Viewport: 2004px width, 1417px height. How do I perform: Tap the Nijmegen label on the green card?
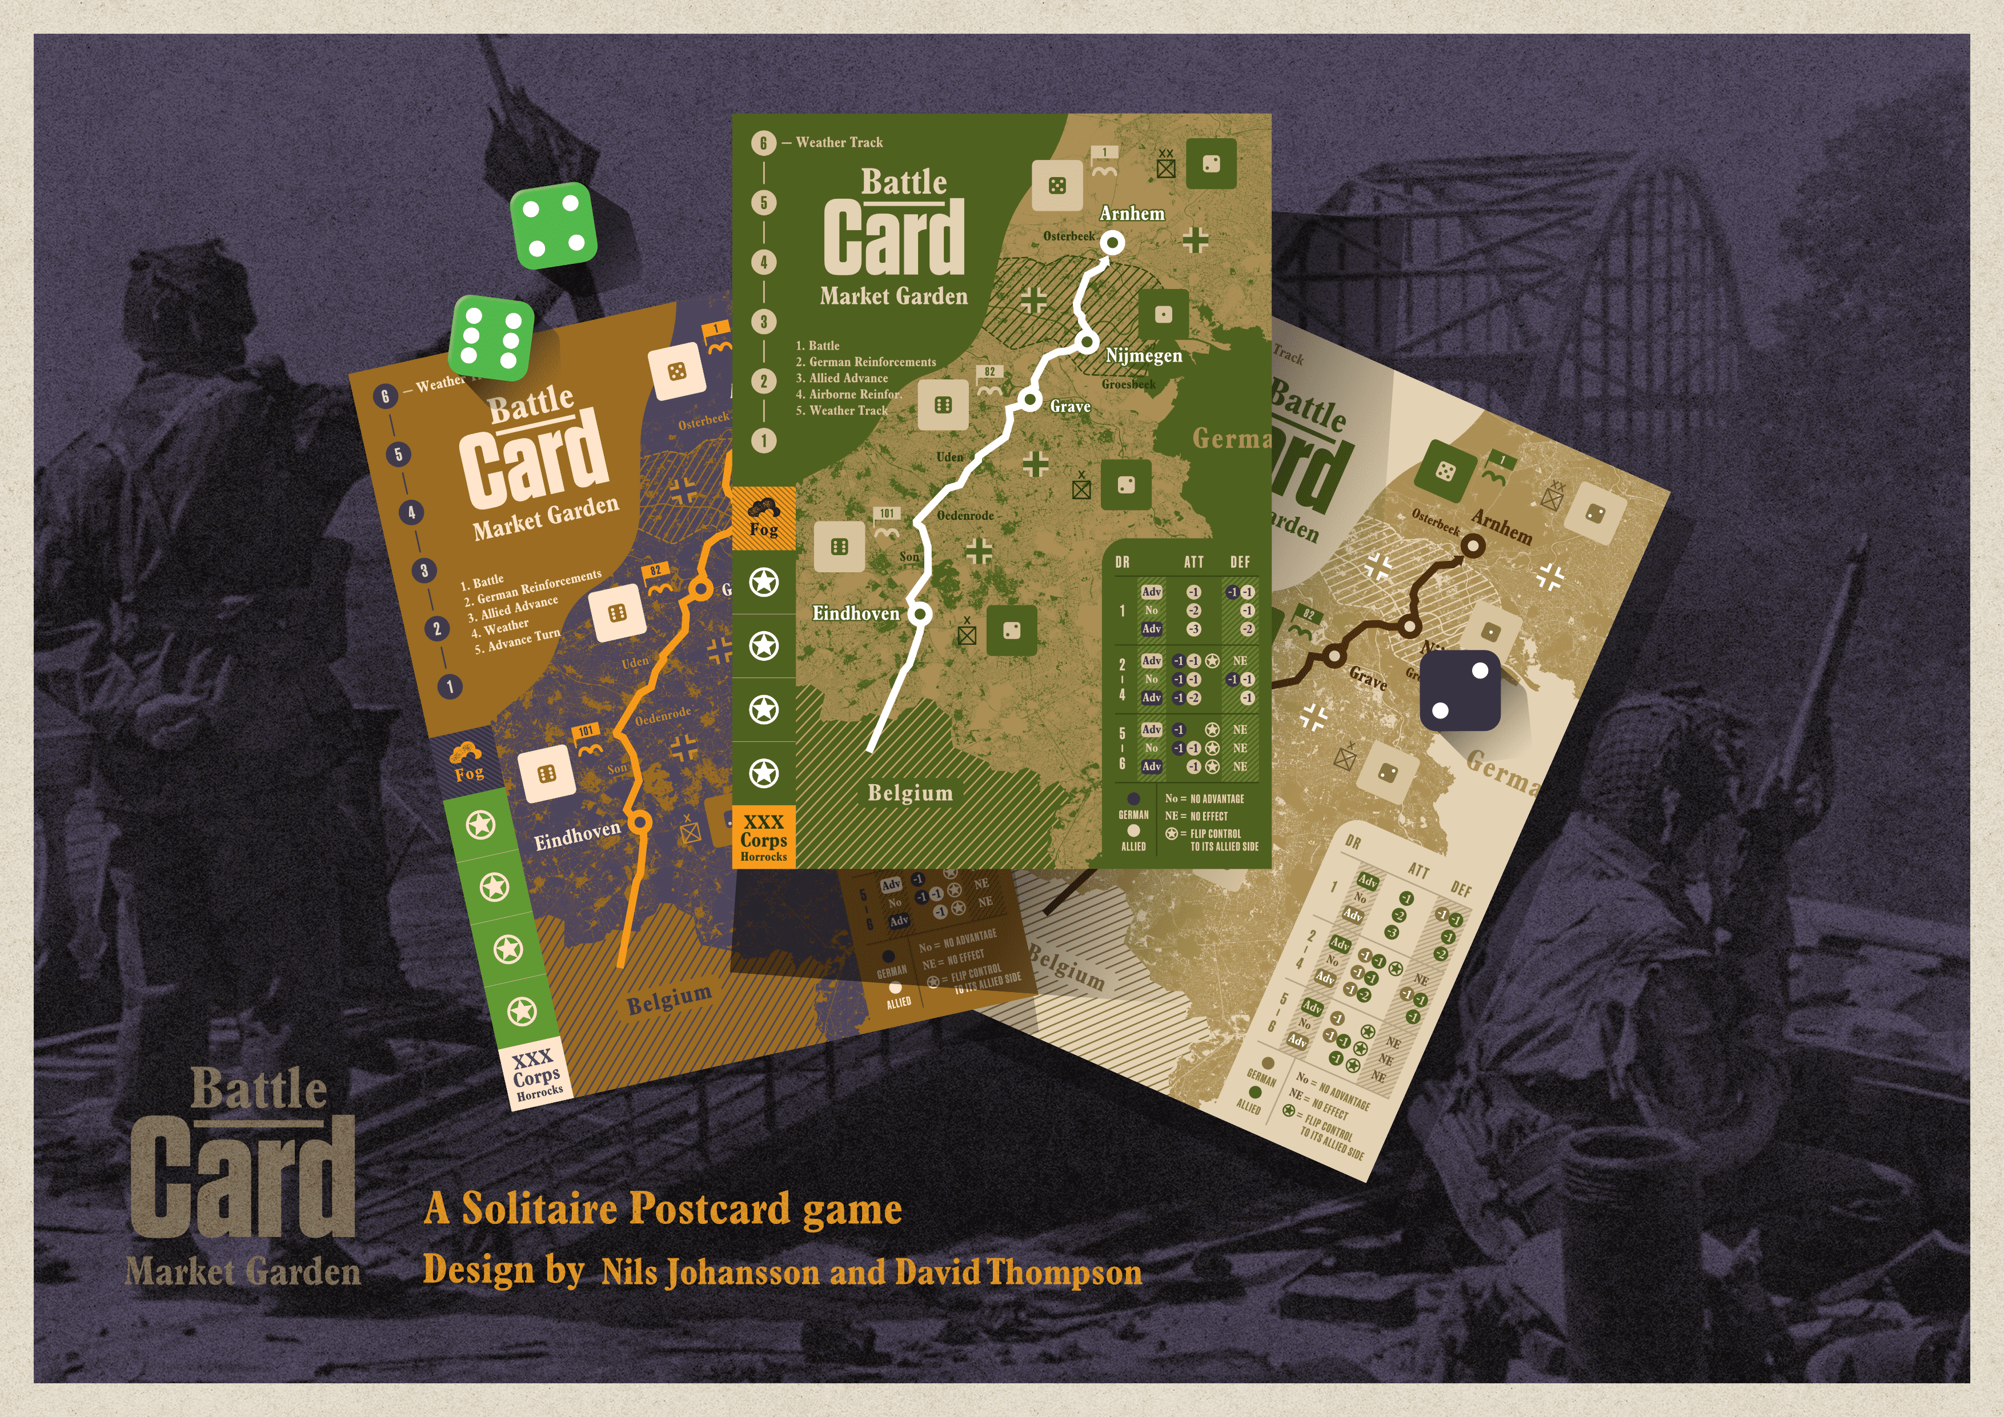click(x=1144, y=355)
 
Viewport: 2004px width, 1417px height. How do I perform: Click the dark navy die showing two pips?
click(x=1460, y=690)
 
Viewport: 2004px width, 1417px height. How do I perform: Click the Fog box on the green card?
click(x=764, y=518)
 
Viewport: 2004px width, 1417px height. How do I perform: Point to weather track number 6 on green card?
click(x=764, y=143)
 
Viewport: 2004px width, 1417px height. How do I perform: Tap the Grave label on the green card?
click(x=1070, y=407)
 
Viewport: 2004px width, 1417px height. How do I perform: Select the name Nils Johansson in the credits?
click(x=710, y=1272)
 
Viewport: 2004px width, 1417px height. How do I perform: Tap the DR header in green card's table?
click(x=1123, y=562)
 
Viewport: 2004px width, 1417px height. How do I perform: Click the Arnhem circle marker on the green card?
click(x=1112, y=243)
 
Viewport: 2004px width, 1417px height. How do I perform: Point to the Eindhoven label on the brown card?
click(x=577, y=836)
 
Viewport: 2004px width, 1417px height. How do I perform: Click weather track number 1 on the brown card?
click(x=450, y=687)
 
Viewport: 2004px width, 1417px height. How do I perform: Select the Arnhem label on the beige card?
click(x=1501, y=526)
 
